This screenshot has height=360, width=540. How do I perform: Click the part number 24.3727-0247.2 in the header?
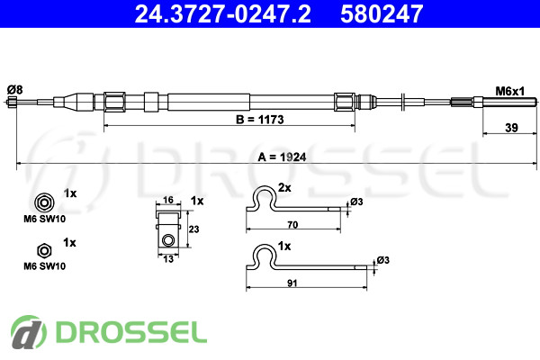pyautogui.click(x=222, y=13)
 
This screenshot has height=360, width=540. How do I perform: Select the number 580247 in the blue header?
pyautogui.click(x=382, y=13)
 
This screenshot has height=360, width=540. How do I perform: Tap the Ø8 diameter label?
pyautogui.click(x=14, y=90)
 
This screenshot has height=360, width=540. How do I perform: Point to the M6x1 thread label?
pyautogui.click(x=509, y=91)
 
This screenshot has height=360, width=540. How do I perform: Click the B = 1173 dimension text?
pyautogui.click(x=260, y=120)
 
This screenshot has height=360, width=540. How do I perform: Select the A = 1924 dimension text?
pyautogui.click(x=282, y=157)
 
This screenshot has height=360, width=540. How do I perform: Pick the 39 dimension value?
pyautogui.click(x=511, y=128)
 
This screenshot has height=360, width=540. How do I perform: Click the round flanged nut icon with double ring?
pyautogui.click(x=44, y=202)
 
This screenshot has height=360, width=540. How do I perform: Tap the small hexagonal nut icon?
pyautogui.click(x=44, y=251)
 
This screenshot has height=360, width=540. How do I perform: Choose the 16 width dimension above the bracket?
pyautogui.click(x=167, y=200)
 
